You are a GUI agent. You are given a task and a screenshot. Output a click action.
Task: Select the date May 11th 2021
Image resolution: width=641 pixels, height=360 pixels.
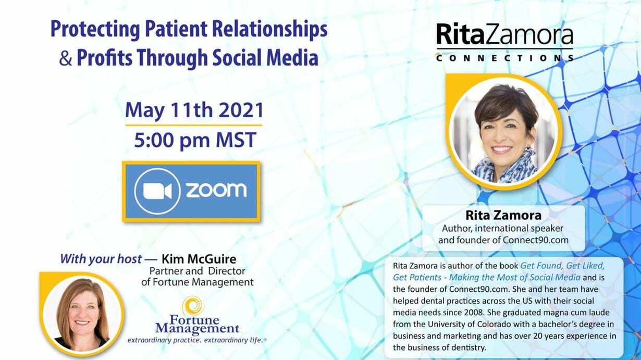point(194,110)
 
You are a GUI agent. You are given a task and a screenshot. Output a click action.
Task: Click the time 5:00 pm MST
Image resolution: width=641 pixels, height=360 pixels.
point(195,140)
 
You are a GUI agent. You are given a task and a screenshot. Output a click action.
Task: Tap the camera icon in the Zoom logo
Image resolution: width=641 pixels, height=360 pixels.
point(157,191)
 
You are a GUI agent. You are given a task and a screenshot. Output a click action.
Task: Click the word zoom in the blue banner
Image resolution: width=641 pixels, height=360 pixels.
point(216,190)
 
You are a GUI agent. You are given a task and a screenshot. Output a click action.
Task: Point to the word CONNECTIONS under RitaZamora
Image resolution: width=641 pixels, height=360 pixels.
point(505,58)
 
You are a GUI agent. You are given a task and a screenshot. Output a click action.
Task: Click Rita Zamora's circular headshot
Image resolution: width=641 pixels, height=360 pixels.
point(504,132)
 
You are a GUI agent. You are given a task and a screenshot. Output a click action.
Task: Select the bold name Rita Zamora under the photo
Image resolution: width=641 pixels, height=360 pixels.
point(503,216)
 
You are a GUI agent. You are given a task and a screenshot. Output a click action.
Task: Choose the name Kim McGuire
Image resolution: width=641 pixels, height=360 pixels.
point(199,259)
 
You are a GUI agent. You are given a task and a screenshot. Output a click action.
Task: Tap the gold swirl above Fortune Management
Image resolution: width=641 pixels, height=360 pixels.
point(193,305)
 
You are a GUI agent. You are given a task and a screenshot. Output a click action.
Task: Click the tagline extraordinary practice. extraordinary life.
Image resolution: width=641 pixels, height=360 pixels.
point(197,340)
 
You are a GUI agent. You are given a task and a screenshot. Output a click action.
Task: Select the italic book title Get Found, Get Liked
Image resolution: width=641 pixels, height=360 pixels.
point(562,266)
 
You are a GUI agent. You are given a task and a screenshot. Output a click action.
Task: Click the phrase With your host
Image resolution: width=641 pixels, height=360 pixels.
point(101,259)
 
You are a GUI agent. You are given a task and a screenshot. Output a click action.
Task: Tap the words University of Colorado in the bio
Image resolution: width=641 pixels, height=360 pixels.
point(465,324)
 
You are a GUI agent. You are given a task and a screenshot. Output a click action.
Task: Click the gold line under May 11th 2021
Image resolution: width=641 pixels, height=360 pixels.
point(194,126)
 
